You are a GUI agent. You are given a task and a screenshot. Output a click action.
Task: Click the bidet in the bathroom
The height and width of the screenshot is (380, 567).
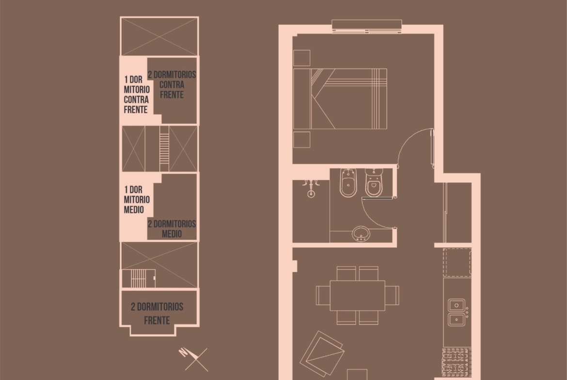tap(348, 183)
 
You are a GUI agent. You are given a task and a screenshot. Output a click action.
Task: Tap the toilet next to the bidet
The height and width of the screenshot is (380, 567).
tap(374, 183)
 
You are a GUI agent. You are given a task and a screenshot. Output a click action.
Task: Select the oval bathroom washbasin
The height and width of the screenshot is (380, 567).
tap(361, 234)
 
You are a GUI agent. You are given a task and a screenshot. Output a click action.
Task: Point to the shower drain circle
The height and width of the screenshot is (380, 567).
tap(311, 194)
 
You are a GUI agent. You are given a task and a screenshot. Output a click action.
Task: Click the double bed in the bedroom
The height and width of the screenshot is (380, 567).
tap(340, 99)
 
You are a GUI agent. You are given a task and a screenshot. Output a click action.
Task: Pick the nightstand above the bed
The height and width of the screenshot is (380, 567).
tap(301, 58)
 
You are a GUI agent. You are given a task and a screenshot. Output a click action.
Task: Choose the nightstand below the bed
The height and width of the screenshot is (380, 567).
tap(301, 140)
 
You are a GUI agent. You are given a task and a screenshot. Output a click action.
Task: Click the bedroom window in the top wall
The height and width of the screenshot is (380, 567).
tap(367, 27)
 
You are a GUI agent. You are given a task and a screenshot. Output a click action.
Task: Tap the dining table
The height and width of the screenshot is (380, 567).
tap(357, 295)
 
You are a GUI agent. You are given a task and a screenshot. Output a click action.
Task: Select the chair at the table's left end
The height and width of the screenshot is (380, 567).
tap(323, 295)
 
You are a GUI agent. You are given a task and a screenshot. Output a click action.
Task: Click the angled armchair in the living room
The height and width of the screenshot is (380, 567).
tap(322, 353)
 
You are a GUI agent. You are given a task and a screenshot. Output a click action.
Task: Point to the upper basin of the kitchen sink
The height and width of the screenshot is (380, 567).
tap(457, 305)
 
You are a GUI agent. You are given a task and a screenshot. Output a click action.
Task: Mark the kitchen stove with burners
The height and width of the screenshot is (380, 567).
tap(457, 362)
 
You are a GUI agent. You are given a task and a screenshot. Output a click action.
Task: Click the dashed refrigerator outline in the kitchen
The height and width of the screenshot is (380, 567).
tap(457, 262)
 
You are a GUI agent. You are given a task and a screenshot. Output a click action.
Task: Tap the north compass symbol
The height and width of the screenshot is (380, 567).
tap(194, 358)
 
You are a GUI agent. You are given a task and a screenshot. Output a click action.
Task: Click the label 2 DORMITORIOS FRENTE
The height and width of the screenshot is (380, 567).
tap(157, 314)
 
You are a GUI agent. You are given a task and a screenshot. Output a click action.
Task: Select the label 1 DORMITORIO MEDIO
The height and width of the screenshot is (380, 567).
tap(136, 199)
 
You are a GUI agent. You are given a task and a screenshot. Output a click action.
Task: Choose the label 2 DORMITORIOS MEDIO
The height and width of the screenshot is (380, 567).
tap(172, 228)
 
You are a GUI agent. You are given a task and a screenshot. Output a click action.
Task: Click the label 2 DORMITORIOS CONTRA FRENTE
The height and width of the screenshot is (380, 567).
tap(172, 85)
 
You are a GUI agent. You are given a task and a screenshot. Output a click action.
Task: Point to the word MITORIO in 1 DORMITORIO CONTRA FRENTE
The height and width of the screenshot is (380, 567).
tap(137, 89)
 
